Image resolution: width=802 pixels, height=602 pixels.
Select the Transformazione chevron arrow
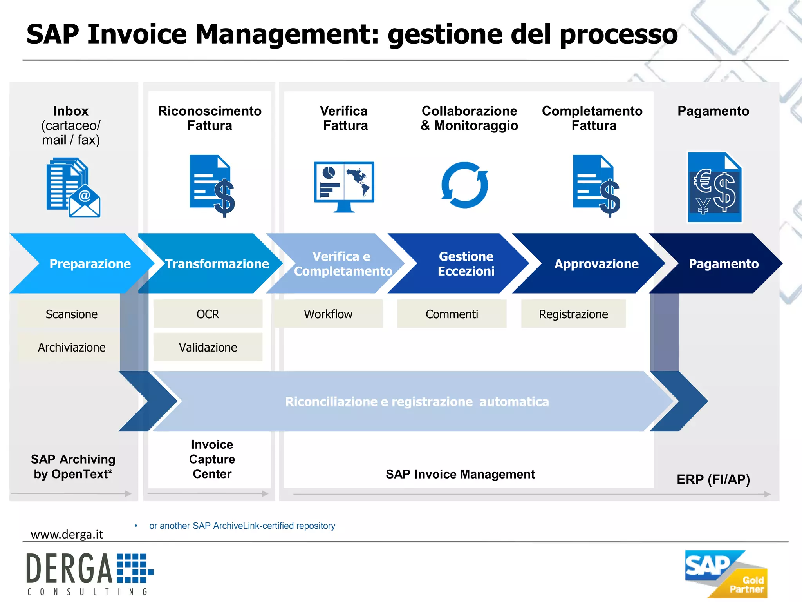[211, 263]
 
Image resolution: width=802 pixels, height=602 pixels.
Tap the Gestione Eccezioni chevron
[462, 263]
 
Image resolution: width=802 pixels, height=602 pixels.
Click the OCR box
[208, 314]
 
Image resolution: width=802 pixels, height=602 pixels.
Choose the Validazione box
[208, 347]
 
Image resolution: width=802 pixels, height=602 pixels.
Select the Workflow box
[328, 314]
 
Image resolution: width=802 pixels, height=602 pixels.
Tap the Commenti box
[452, 314]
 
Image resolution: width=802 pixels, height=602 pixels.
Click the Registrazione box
[573, 314]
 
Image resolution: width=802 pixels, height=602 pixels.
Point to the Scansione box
[71, 314]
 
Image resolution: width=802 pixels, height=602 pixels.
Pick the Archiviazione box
[71, 347]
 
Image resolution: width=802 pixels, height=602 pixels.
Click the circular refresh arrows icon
[464, 185]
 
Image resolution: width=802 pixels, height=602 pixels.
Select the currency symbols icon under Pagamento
[715, 187]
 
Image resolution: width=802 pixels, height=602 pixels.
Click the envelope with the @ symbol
[85, 202]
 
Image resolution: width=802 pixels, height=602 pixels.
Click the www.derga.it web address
[67, 534]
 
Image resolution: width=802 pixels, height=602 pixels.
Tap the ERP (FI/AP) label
[713, 479]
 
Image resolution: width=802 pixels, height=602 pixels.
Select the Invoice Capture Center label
[212, 459]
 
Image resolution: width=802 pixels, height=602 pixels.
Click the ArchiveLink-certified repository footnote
[242, 526]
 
